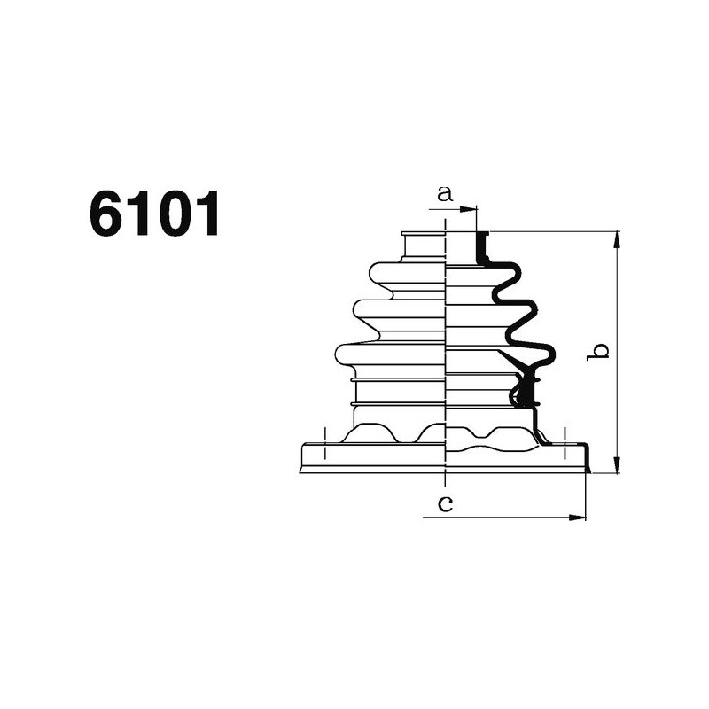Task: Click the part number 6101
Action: [x=154, y=215]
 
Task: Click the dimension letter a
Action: [x=445, y=193]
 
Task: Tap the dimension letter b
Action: [x=600, y=351]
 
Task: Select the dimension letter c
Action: [x=447, y=504]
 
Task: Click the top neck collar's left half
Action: [x=423, y=245]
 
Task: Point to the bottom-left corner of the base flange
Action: [x=302, y=470]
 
